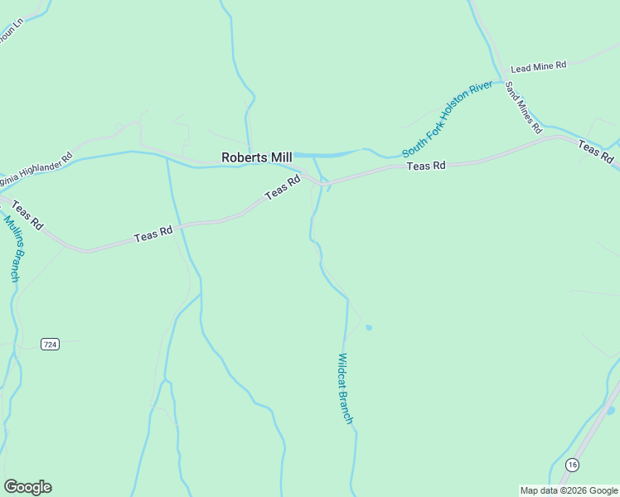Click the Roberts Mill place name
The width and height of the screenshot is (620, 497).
256,157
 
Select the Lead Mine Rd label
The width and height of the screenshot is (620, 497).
538,66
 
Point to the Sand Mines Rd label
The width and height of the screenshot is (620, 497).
523,107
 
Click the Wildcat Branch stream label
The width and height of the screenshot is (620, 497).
346,389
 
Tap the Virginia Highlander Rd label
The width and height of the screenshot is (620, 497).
36,168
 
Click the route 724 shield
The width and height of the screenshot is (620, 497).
51,344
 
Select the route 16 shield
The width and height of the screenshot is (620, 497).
571,465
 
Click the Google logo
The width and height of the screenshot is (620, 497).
27,487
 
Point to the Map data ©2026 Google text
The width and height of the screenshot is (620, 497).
569,490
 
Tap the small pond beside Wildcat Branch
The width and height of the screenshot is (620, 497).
369,327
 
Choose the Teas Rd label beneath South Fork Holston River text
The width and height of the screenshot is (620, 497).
426,166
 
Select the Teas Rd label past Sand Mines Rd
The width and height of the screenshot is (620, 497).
596,152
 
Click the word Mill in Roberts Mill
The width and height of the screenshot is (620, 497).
278,157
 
